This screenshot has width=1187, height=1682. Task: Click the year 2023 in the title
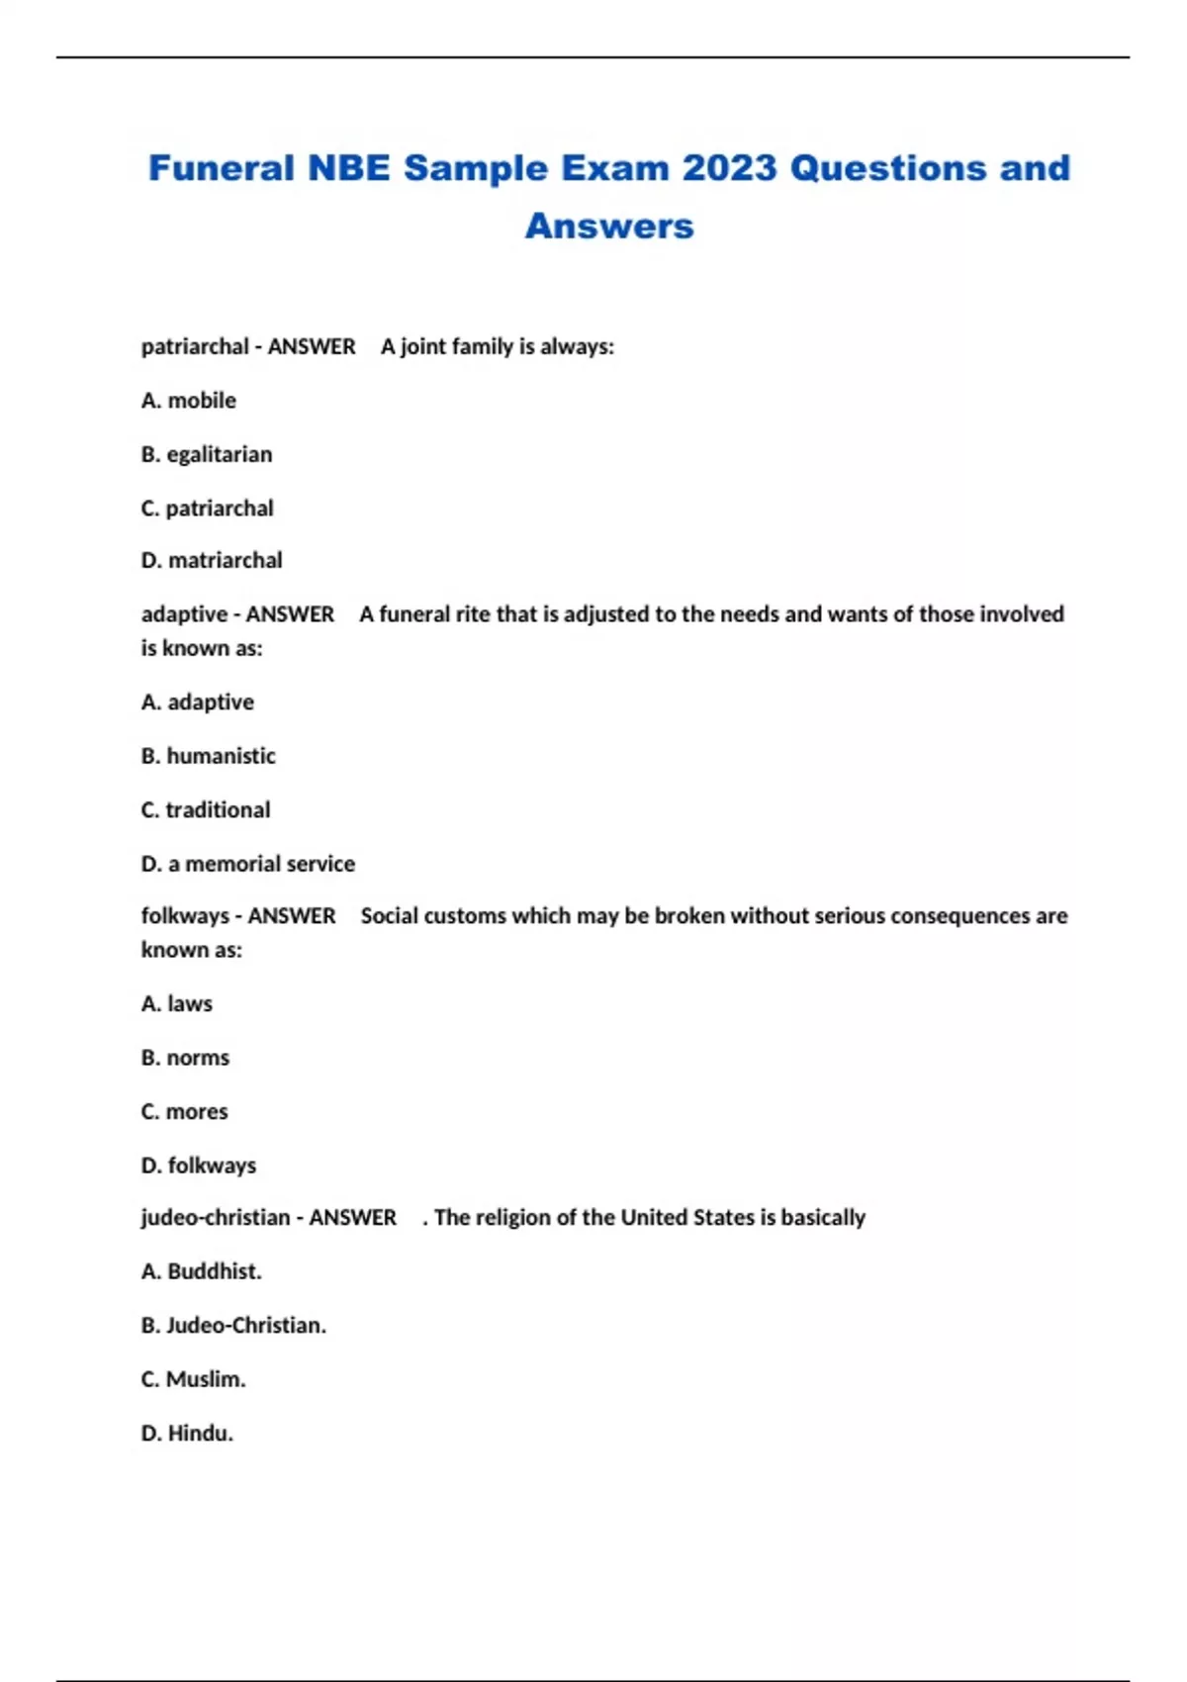tap(729, 168)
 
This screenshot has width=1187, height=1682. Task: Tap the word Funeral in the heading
tap(222, 168)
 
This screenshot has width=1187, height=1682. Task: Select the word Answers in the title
tap(609, 226)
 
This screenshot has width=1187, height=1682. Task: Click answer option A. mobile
tap(189, 401)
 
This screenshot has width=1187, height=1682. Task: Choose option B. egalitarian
tap(207, 454)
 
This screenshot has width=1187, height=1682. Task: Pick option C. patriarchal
tap(208, 509)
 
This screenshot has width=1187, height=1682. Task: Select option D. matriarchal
tap(212, 561)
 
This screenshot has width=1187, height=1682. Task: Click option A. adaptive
tap(198, 702)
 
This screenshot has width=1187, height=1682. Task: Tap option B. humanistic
tap(209, 756)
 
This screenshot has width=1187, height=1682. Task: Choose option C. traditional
tap(206, 810)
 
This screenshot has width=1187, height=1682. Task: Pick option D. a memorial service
tap(248, 864)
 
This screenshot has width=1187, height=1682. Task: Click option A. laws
tap(177, 1004)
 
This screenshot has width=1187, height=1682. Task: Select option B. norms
tap(186, 1058)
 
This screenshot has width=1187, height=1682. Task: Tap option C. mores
tap(185, 1112)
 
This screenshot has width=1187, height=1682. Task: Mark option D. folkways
tap(199, 1166)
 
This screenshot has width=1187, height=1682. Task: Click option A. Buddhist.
tap(202, 1271)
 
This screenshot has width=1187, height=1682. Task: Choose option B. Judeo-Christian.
tap(234, 1326)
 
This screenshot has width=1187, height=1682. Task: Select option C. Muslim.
tap(194, 1379)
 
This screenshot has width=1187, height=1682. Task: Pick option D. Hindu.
tap(188, 1434)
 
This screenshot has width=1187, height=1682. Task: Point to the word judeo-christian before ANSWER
tap(216, 1218)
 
